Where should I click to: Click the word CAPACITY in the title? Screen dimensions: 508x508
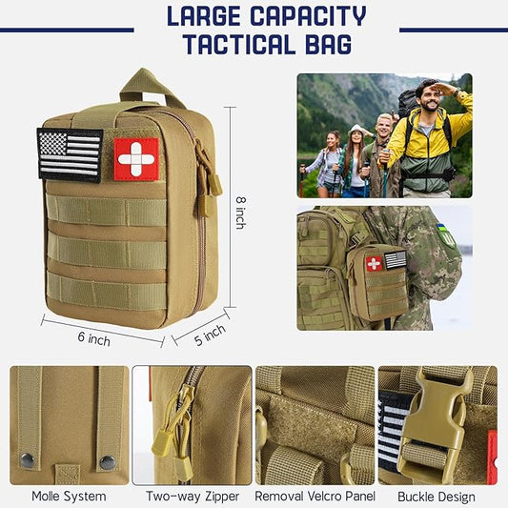308,15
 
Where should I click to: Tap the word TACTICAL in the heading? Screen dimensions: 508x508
239,44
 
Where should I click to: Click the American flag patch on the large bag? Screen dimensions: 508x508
70,154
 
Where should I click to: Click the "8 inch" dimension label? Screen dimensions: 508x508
241,213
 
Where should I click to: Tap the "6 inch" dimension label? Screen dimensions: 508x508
93,339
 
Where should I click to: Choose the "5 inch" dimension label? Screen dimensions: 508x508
210,335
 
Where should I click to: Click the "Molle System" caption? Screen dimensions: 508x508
69,496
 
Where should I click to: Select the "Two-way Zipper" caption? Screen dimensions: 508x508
193,496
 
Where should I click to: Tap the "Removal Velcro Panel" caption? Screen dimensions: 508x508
315,496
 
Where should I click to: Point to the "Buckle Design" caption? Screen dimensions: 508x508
437,497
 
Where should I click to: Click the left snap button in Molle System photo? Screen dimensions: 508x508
27,459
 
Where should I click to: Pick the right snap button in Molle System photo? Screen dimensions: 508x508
108,462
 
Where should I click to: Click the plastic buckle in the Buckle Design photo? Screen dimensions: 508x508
433,424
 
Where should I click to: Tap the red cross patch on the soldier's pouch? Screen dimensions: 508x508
374,264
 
